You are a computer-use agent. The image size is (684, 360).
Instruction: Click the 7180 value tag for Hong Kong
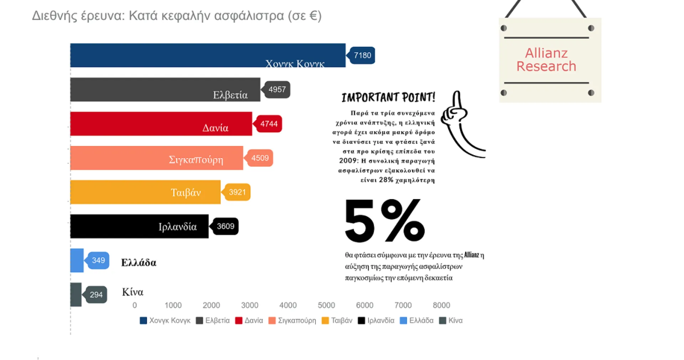(x=362, y=55)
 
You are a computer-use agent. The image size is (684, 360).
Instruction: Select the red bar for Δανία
(x=161, y=124)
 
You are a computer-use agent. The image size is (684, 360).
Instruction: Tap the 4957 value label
(x=277, y=89)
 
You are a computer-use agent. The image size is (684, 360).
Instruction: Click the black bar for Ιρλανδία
(x=139, y=226)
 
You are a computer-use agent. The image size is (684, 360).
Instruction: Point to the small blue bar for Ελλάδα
(x=77, y=261)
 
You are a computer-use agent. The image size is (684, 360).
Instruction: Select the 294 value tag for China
(x=96, y=295)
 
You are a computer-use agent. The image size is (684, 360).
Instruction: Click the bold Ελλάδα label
(x=139, y=263)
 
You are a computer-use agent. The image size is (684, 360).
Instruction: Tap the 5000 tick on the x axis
(x=326, y=305)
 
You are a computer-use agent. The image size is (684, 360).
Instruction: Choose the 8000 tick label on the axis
(x=441, y=305)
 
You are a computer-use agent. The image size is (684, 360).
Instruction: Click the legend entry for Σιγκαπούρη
(x=293, y=320)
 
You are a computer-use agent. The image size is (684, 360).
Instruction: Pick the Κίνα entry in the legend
(x=451, y=320)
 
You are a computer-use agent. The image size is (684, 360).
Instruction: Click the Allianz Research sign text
(x=546, y=60)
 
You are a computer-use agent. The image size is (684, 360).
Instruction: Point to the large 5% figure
(x=385, y=221)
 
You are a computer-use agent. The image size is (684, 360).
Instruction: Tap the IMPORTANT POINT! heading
(x=388, y=97)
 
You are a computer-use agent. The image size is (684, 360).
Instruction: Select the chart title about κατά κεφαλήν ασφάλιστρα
(x=177, y=16)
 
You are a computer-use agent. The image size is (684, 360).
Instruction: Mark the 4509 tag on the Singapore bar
(x=260, y=158)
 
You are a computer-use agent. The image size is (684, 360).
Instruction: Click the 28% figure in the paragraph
(x=386, y=180)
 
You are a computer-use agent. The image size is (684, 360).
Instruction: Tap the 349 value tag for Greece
(x=98, y=261)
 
